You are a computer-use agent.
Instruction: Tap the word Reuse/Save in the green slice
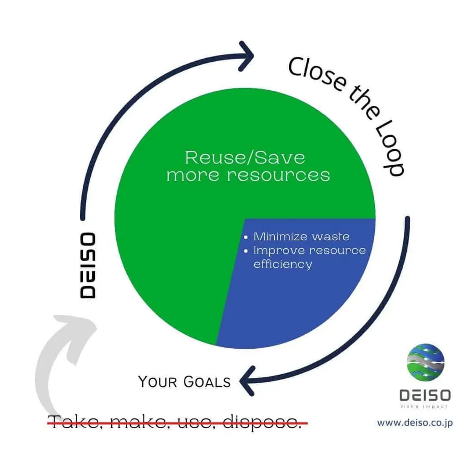tap(245, 158)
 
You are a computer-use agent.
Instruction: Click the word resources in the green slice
tap(278, 175)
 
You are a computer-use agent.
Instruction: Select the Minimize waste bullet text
tap(301, 237)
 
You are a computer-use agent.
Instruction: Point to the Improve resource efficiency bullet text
tap(309, 257)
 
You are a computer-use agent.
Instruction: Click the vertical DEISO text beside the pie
tap(88, 265)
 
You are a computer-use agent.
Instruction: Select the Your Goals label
tap(184, 381)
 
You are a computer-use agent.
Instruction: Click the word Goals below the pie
tap(207, 382)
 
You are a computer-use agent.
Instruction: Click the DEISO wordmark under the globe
tap(425, 395)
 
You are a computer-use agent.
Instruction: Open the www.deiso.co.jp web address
tap(415, 423)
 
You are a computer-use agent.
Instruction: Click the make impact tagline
tap(425, 406)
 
